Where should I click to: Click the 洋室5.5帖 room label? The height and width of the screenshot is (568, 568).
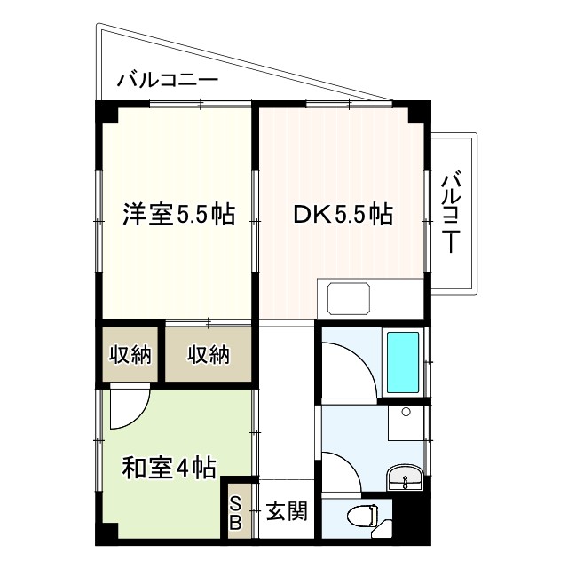178,214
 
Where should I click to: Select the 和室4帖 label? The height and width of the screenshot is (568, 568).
169,466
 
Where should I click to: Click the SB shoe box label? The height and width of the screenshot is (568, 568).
236,512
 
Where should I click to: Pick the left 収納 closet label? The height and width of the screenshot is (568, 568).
130,355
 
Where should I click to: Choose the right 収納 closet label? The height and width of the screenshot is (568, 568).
209,355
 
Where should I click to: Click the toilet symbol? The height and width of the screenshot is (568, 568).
364,516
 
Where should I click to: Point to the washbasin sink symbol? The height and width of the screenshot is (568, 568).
406,479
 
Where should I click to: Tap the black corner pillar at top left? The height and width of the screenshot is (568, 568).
106,113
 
